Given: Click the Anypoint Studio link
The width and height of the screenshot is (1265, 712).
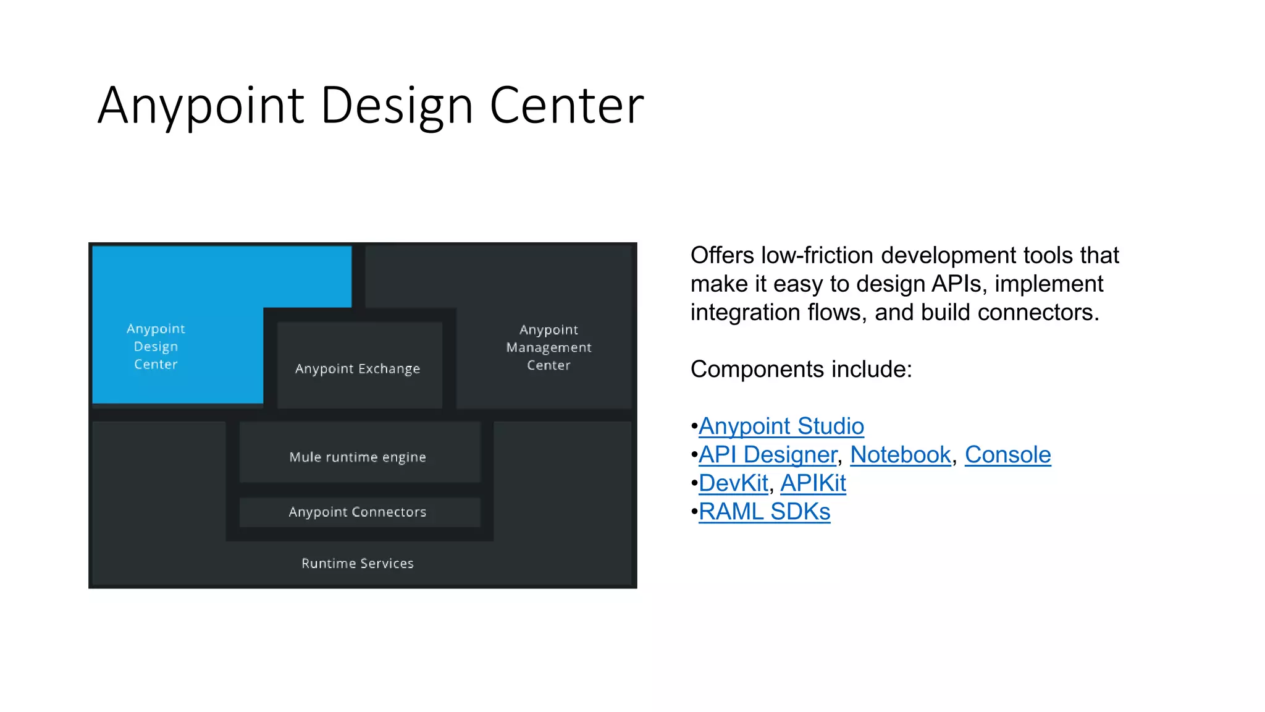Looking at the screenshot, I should [x=781, y=426].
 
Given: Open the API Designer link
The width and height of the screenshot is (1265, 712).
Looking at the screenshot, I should [x=767, y=455].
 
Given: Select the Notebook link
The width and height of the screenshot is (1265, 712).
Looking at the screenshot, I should [x=900, y=455].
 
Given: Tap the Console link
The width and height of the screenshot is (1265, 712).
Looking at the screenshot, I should [x=1007, y=455].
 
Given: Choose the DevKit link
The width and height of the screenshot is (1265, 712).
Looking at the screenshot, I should [x=733, y=483].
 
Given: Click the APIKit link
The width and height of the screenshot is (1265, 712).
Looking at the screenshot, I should [x=813, y=483].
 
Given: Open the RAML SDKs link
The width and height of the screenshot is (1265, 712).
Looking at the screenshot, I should [x=764, y=512].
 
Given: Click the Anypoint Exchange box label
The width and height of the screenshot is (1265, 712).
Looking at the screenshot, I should [x=358, y=369].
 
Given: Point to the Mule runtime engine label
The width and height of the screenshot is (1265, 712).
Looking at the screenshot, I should [x=358, y=457].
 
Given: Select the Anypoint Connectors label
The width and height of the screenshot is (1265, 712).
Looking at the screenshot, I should [x=358, y=512].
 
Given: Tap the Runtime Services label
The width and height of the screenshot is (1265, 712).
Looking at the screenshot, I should [x=358, y=564].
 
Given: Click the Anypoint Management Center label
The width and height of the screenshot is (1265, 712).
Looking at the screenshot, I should [x=548, y=347].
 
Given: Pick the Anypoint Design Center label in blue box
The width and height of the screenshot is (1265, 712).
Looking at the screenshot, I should [x=156, y=347].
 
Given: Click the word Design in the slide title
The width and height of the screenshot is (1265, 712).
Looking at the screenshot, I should [x=397, y=106].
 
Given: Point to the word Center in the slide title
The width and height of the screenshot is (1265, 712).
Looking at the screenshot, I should [x=566, y=106].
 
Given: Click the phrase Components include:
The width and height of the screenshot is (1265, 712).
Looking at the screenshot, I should [x=801, y=370].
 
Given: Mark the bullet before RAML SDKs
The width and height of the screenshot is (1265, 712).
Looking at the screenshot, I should [x=694, y=512].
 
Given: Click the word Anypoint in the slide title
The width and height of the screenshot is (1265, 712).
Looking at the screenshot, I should [x=201, y=106].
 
